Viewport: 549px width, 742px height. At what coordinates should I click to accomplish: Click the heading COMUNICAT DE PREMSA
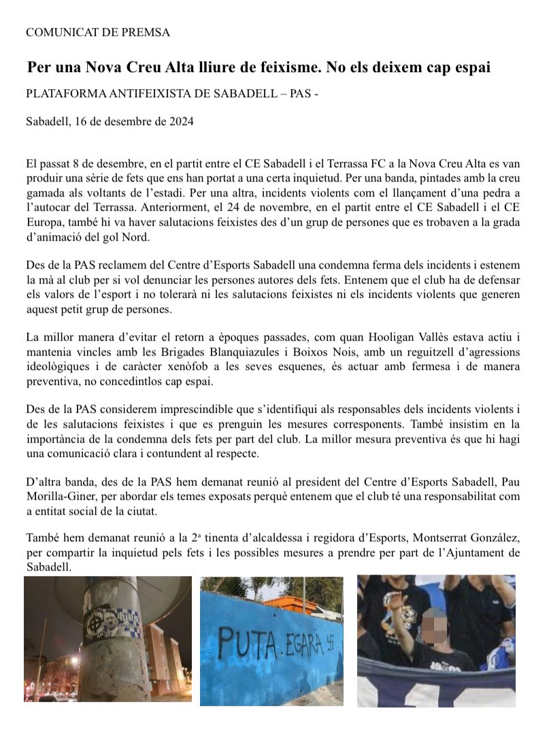click(97, 32)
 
